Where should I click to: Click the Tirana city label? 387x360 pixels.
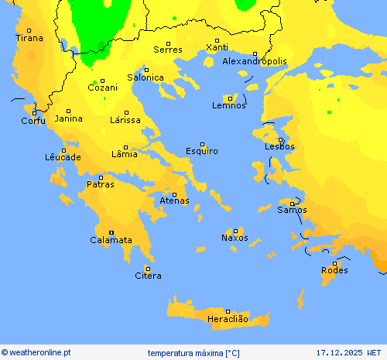click(30, 38)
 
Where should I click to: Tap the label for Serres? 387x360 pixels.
click(168, 50)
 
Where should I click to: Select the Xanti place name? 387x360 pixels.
click(217, 48)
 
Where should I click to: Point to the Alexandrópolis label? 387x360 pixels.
click(255, 61)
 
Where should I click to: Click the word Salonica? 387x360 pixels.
click(146, 77)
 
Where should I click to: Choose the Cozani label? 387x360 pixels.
click(102, 88)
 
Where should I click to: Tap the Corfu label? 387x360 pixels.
click(33, 121)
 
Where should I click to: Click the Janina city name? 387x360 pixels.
click(68, 118)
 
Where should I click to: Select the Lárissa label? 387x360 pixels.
click(125, 120)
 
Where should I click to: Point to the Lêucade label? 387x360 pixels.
click(63, 157)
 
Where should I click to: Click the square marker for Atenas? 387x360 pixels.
click(174, 194)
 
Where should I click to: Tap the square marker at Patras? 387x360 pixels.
click(101, 177)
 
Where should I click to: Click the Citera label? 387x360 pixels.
click(148, 276)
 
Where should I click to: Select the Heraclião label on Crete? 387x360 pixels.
click(228, 319)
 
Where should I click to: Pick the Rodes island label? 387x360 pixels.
click(334, 270)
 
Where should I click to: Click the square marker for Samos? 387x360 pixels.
click(292, 204)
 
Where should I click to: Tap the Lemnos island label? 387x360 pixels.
click(229, 105)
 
